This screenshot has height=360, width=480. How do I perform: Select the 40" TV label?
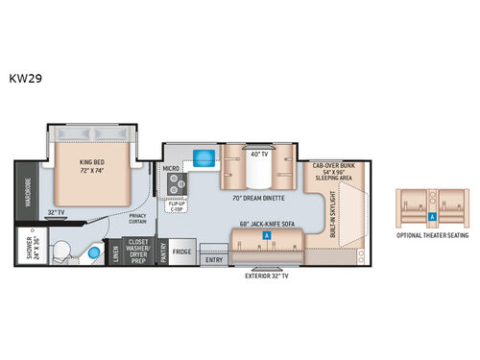click(257, 154)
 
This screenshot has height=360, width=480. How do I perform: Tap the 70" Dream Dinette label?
click(259, 200)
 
